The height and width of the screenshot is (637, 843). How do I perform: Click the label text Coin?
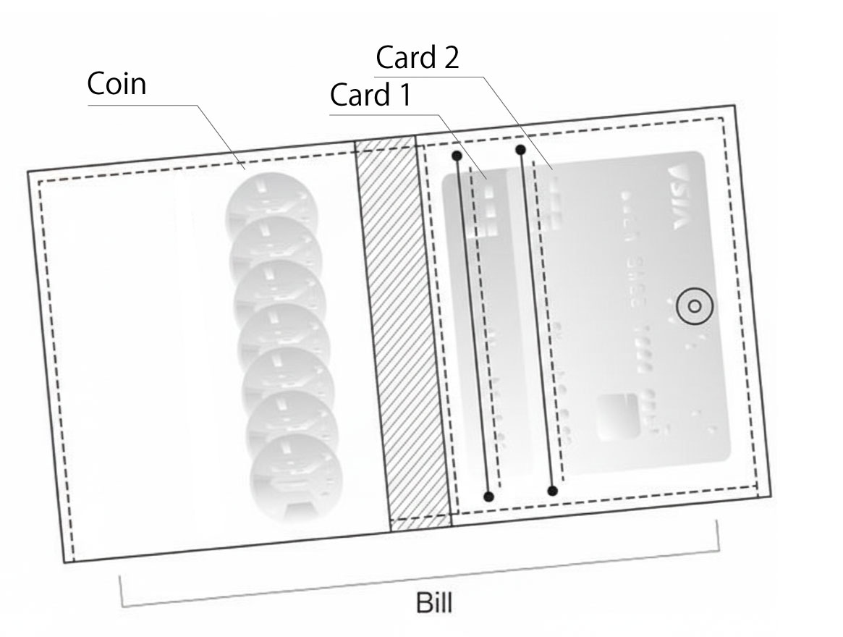[117, 84]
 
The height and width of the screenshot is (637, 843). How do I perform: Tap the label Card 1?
[370, 95]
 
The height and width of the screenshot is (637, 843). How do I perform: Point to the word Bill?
[434, 602]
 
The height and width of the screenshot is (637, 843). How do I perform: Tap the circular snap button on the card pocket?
[695, 307]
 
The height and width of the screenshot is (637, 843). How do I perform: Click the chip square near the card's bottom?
[617, 415]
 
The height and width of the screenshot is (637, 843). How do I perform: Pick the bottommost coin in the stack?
[295, 478]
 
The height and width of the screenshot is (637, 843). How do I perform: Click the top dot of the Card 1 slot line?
[456, 156]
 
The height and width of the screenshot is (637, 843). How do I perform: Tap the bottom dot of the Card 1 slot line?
[488, 496]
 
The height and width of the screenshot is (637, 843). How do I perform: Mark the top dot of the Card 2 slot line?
[520, 150]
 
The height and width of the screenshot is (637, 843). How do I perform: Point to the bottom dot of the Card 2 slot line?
[552, 491]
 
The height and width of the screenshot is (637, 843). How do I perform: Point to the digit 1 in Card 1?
[404, 95]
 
